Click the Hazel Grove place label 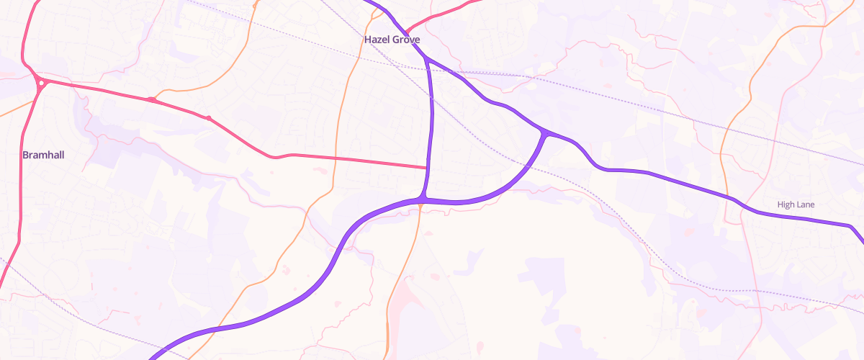pos(392,40)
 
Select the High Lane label pos(796,204)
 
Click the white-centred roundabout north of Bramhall pos(42,83)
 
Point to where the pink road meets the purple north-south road pos(428,168)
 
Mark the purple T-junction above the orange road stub pos(421,199)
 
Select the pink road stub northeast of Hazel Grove pos(439,15)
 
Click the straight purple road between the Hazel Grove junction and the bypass pos(432,115)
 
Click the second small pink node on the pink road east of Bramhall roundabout pos(208,117)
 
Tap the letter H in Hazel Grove pos(368,40)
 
